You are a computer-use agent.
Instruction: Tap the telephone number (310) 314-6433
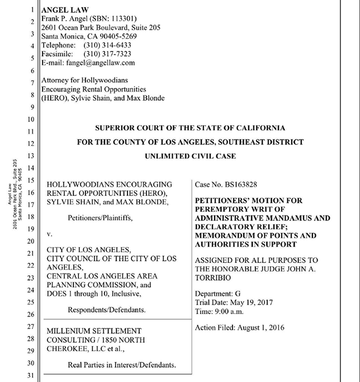(107, 45)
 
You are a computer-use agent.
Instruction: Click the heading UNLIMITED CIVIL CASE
(190, 156)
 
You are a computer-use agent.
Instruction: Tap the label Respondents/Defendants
(107, 309)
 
